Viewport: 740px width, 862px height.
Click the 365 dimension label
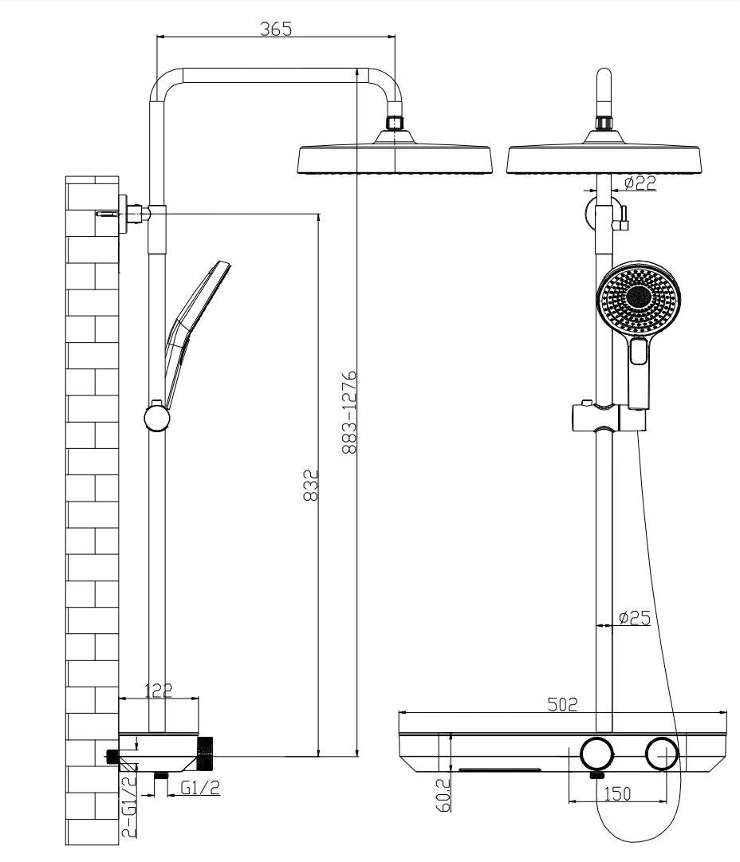point(276,29)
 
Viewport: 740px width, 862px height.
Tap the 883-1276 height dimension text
point(349,412)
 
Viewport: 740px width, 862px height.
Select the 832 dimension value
point(311,484)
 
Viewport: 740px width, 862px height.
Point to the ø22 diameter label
point(640,183)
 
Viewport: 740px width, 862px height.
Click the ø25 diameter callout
point(635,618)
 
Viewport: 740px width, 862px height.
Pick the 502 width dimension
point(563,704)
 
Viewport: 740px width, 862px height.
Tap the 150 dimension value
point(617,794)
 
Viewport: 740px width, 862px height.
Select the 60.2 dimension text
point(443,794)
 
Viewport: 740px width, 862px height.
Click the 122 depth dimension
point(159,690)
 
